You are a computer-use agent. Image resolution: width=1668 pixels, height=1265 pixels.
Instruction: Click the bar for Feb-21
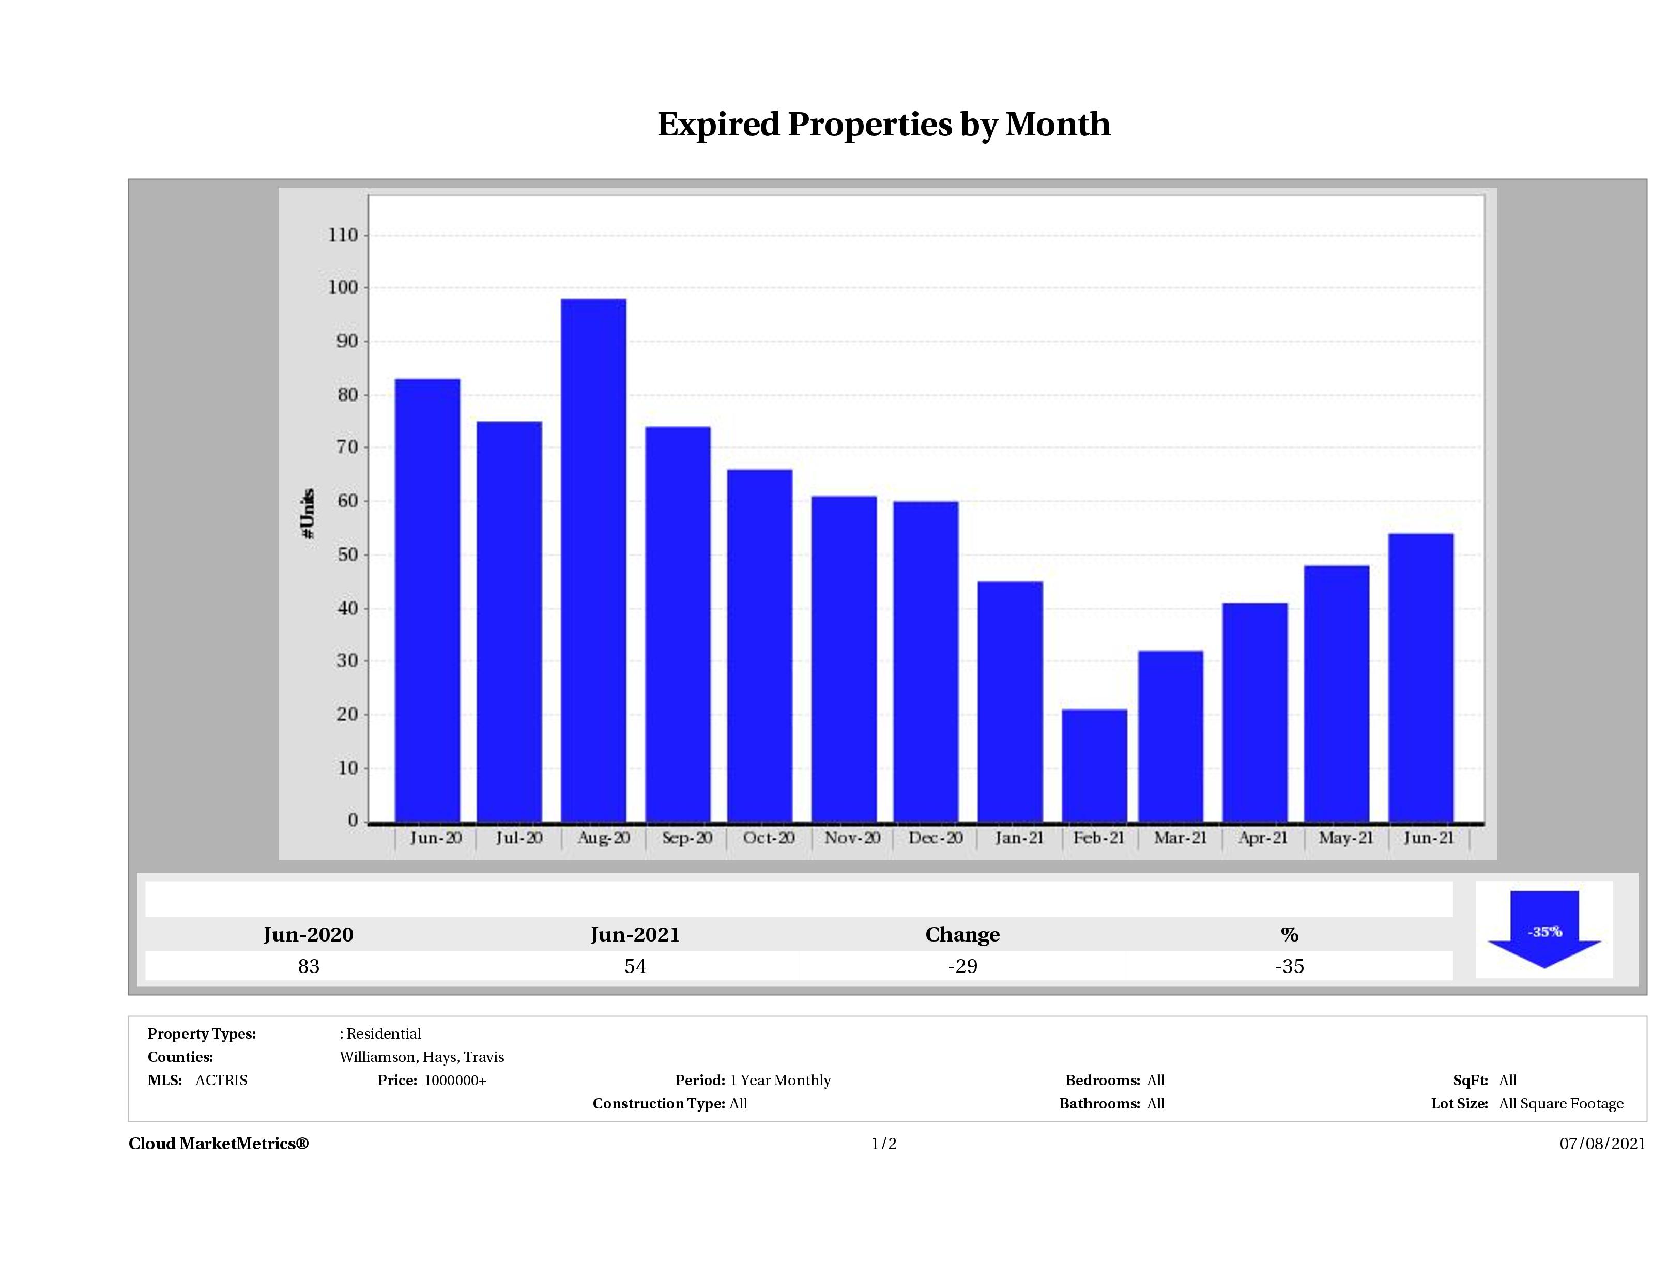(1094, 765)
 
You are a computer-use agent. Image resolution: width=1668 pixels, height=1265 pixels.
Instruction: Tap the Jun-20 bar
(427, 600)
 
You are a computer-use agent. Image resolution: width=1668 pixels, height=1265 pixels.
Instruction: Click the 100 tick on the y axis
(343, 288)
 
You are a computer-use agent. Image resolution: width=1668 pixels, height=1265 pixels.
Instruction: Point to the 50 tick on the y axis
(347, 555)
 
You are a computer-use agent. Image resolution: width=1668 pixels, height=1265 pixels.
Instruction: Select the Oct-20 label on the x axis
(769, 838)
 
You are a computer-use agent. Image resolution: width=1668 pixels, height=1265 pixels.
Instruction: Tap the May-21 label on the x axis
(1346, 838)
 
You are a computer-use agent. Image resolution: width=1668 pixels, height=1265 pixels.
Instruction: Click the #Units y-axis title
(308, 513)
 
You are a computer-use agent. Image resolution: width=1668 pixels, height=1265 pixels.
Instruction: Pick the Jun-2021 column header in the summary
(635, 935)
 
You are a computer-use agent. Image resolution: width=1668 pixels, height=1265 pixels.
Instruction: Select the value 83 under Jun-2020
(309, 966)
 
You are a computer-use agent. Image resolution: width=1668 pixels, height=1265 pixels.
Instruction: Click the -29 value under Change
(962, 966)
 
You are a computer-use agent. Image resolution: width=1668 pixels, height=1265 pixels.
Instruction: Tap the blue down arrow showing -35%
(1543, 931)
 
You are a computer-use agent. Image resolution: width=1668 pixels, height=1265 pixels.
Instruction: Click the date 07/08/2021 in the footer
(1602, 1144)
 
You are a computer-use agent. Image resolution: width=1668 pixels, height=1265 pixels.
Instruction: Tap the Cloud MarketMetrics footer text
(219, 1144)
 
